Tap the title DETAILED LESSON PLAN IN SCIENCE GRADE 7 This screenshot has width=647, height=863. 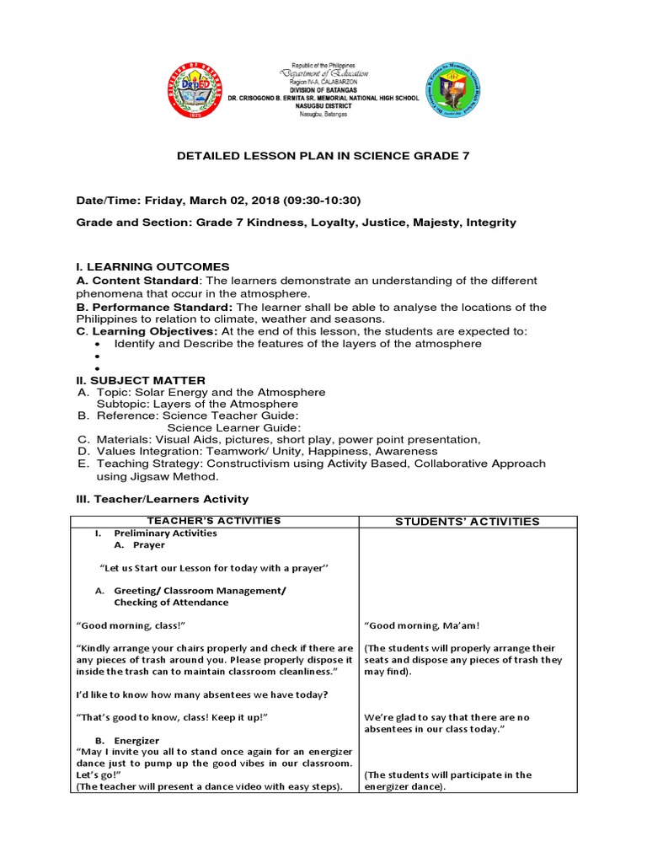[x=323, y=156]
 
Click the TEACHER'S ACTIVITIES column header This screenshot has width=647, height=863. [x=214, y=521]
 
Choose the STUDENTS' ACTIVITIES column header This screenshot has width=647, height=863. [x=467, y=522]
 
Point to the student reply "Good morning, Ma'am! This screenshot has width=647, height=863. [x=421, y=625]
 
